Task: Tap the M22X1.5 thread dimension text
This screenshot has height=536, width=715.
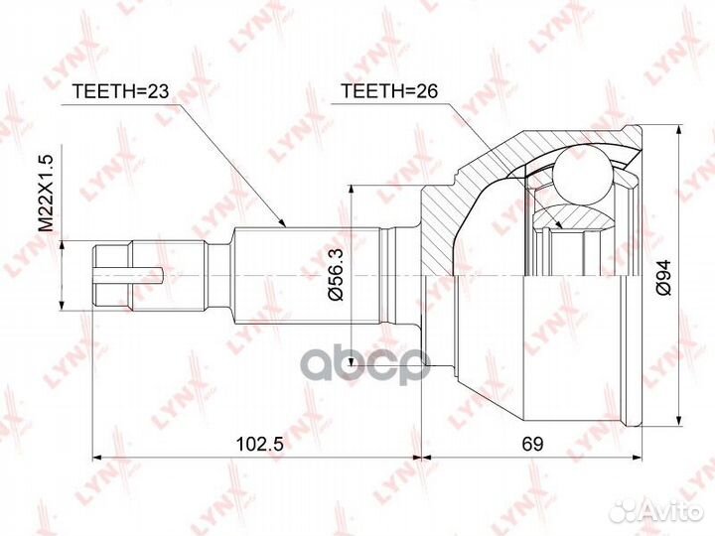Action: tap(45, 191)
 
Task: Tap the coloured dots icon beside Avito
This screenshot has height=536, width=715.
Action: tap(624, 511)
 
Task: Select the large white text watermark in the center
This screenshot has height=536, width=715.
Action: tap(357, 357)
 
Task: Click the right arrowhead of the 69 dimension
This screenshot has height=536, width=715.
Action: tap(635, 459)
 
